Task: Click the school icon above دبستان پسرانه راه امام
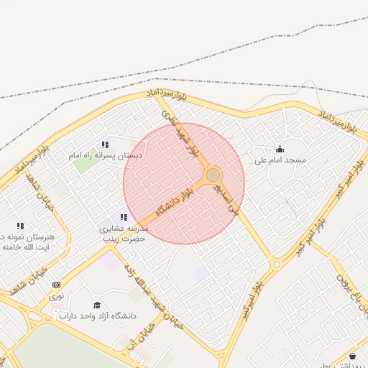coord(105,144)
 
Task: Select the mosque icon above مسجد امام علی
coord(280,149)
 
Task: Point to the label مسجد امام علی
coord(280,160)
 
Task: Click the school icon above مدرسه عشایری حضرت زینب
coord(124,217)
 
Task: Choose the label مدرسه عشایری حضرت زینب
coord(123,233)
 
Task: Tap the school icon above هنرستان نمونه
coord(20,226)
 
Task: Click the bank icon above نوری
coord(57,285)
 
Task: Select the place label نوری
coord(56,295)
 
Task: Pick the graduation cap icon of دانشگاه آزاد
coord(97,305)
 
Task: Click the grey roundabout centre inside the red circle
coord(213,175)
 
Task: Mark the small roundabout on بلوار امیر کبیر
coord(277,264)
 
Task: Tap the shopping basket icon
coord(352,356)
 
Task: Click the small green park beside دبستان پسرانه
coord(85,164)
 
